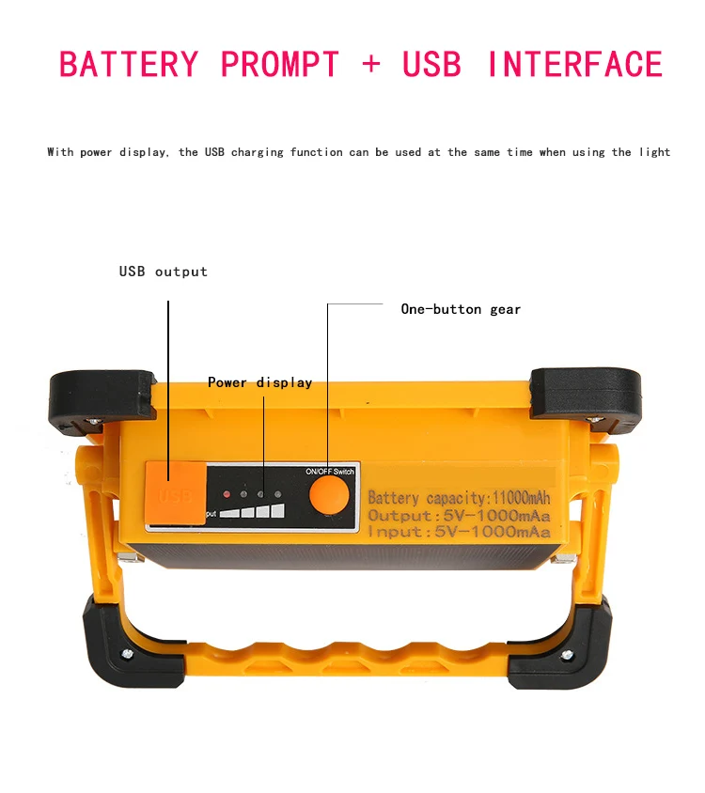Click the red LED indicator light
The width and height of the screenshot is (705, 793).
[x=226, y=493]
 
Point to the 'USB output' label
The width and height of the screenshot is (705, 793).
[x=163, y=272]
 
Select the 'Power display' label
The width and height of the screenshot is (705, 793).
[x=259, y=382]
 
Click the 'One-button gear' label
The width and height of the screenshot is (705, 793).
[x=461, y=309]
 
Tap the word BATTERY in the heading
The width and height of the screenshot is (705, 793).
[x=129, y=65]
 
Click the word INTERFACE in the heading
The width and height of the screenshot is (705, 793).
[x=574, y=65]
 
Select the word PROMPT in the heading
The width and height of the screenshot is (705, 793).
[x=279, y=65]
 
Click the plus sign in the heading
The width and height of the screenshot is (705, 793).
[x=371, y=65]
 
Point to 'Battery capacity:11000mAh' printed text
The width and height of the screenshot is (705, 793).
[x=459, y=498]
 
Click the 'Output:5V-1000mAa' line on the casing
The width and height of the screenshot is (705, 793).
[x=459, y=515]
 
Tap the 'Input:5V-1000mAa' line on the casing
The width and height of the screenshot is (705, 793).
[x=459, y=532]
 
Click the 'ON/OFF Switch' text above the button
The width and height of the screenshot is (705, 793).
[x=330, y=471]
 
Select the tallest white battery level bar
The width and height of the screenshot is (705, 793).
[x=277, y=511]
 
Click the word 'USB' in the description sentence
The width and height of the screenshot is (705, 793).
[x=214, y=152]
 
